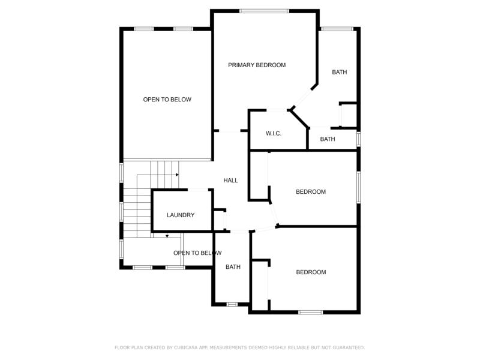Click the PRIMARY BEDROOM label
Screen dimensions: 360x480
[x=257, y=65]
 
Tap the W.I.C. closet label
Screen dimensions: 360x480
[x=274, y=133]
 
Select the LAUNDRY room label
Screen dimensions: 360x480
[x=181, y=215]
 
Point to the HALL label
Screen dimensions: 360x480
[x=231, y=180]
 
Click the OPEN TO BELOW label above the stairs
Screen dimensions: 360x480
[x=167, y=100]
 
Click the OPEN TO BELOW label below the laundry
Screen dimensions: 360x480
[x=193, y=253]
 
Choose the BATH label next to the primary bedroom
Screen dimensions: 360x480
[x=340, y=73]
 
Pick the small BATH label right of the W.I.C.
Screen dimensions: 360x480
[x=328, y=139]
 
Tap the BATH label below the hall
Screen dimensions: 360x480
[x=233, y=267]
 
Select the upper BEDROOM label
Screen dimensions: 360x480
[x=311, y=192]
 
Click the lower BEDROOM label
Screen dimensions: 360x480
[x=311, y=272]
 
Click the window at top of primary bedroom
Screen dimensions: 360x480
[x=264, y=10]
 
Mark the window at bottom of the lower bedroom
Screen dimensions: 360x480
[x=310, y=312]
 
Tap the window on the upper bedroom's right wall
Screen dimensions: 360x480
[x=359, y=188]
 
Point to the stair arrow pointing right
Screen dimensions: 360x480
[x=177, y=175]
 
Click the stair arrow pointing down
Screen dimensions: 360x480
[x=167, y=236]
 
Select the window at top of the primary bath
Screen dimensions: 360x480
[x=337, y=28]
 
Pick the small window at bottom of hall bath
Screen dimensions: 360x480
[x=232, y=305]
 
